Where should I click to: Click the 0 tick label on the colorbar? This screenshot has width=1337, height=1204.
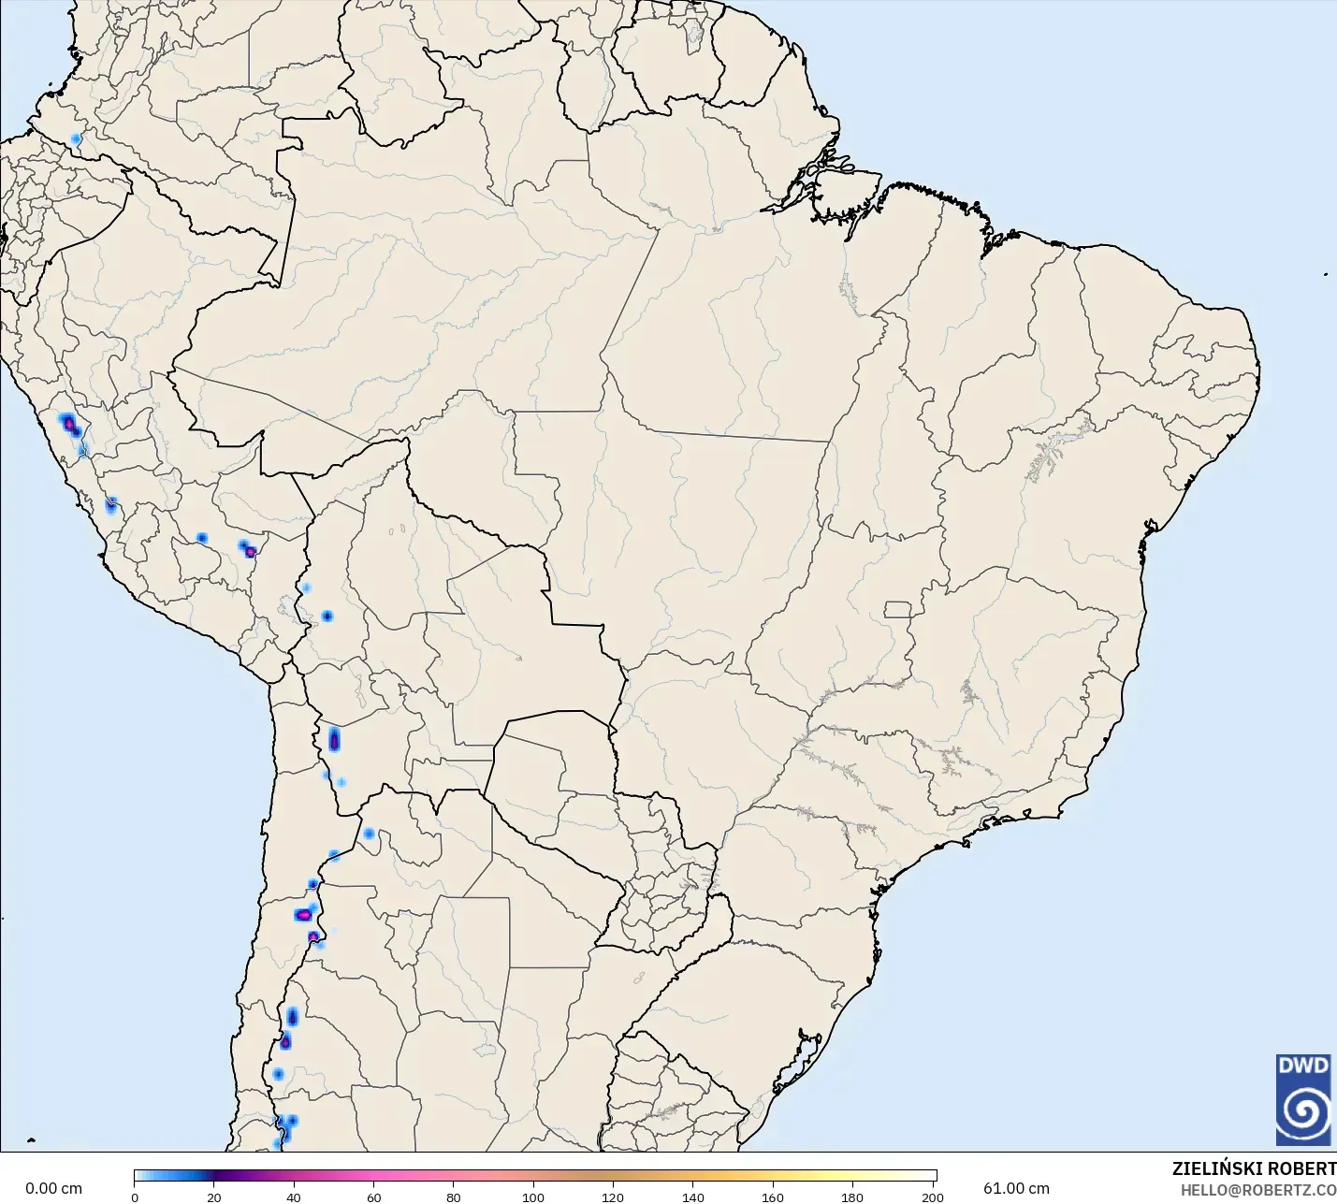135,1197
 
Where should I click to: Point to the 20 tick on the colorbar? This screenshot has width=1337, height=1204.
214,1197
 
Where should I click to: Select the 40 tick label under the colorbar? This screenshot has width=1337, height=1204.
294,1197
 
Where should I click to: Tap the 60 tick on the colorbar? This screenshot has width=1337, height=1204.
374,1197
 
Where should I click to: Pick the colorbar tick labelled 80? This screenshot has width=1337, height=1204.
454,1197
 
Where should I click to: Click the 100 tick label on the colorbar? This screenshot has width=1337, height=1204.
533,1197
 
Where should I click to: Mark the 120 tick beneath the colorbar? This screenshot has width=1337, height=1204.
613,1197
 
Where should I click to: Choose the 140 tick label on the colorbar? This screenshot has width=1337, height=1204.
693,1197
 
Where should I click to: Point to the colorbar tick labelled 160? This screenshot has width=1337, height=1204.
773,1197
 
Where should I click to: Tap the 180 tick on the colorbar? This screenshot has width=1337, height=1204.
852,1197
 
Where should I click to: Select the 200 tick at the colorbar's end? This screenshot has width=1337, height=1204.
932,1197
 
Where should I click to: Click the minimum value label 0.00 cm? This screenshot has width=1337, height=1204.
53,1188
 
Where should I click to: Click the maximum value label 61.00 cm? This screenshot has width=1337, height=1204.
1016,1188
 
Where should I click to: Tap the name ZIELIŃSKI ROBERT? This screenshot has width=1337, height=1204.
1254,1168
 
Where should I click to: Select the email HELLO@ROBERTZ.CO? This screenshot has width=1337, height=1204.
1257,1190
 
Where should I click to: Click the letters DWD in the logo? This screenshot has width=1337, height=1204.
1303,1066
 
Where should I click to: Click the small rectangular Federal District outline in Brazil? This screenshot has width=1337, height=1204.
898,609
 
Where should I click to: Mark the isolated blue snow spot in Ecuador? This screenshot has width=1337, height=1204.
76,139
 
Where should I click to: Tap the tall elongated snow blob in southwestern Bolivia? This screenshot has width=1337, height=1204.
334,740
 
